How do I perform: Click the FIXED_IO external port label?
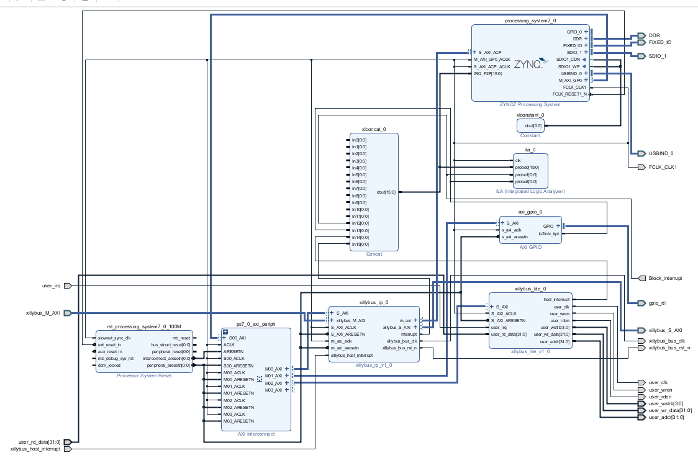[x=659, y=43]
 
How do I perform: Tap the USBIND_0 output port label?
[x=661, y=153]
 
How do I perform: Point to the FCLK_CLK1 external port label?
[x=663, y=167]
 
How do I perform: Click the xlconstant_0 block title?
[x=530, y=115]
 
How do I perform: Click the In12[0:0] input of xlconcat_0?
[x=360, y=223]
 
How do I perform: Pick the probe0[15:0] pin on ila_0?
[x=527, y=168]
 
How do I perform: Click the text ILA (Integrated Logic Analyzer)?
[x=530, y=192]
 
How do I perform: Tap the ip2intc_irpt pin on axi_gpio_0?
[x=549, y=233]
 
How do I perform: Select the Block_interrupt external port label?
[x=665, y=278]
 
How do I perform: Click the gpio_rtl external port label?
[x=657, y=303]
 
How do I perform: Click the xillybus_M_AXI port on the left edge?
[x=43, y=313]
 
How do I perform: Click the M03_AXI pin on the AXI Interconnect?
[x=273, y=390]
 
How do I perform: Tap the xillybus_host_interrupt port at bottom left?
[x=35, y=449]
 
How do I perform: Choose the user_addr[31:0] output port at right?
[x=666, y=417]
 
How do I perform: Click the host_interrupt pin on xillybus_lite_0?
[x=556, y=300]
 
